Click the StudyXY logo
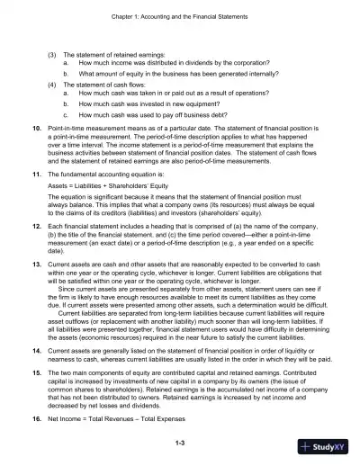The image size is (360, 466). pos(325,447)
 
